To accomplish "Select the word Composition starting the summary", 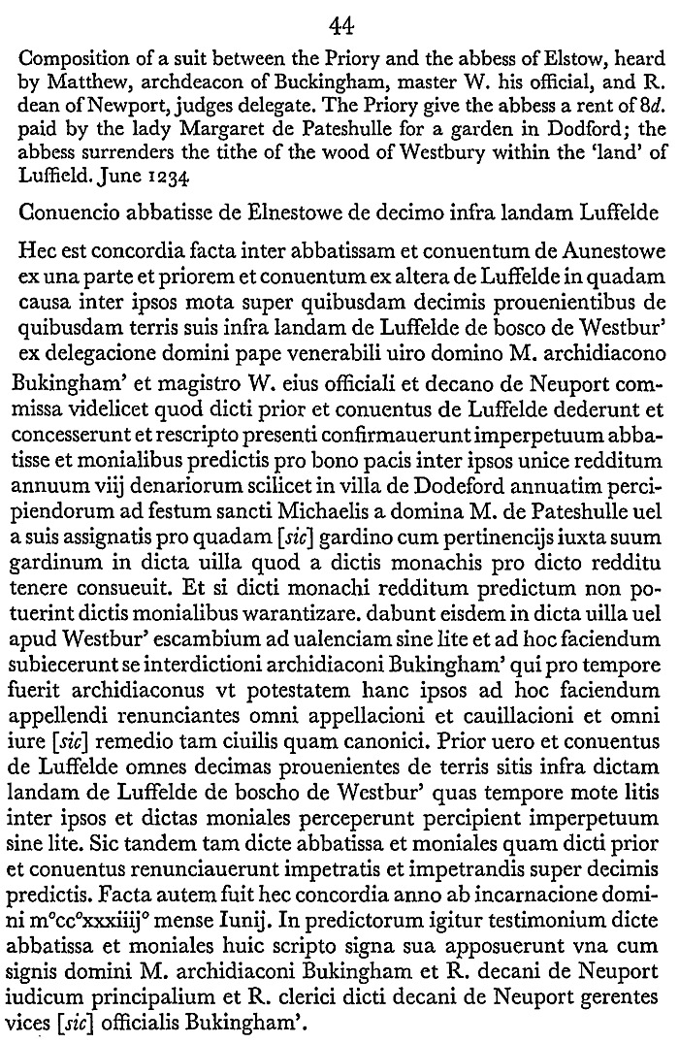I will click(71, 56).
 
